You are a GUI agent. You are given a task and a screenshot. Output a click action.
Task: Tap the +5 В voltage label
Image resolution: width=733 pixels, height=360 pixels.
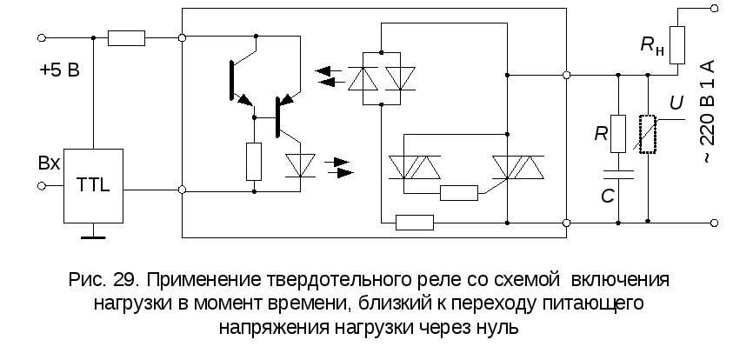(x=59, y=70)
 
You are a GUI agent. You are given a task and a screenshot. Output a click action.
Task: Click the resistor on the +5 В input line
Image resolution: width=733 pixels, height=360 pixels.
(x=127, y=37)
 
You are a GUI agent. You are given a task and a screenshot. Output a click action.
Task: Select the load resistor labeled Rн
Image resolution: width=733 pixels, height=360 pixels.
(x=679, y=41)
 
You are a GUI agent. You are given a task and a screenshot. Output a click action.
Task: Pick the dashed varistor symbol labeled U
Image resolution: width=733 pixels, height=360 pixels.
(x=648, y=133)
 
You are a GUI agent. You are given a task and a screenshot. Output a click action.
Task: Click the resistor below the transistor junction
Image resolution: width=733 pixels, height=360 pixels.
(x=254, y=162)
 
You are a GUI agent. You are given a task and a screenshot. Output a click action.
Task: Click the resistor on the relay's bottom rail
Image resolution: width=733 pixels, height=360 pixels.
(x=414, y=223)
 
